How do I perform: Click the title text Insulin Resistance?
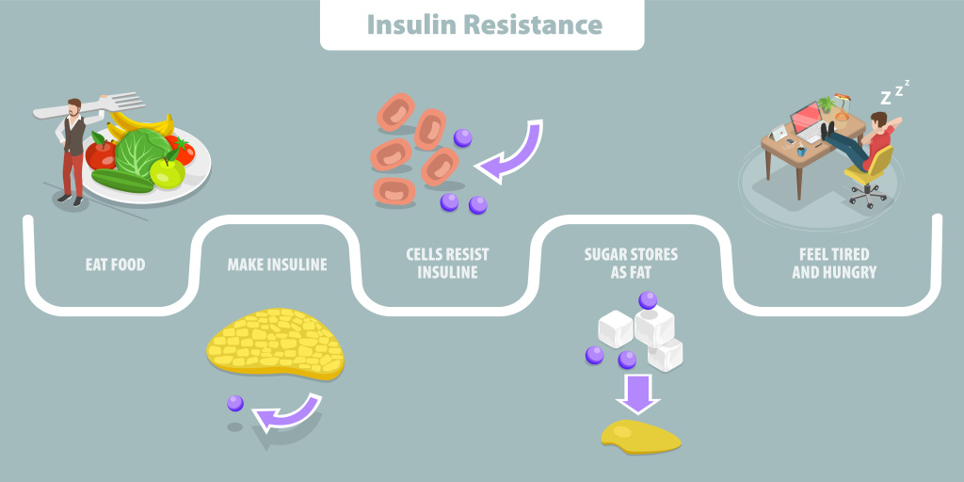tap(483, 24)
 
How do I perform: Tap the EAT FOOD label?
tap(115, 265)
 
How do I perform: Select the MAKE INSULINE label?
tap(277, 265)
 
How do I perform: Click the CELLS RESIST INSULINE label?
tap(447, 264)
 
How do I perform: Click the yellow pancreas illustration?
tap(275, 344)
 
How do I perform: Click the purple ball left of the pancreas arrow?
tap(235, 403)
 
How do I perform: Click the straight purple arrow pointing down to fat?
tap(638, 394)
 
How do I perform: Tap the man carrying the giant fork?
tap(73, 151)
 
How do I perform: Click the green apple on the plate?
tap(168, 172)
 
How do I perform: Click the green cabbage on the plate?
tap(141, 153)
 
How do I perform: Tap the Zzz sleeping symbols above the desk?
tap(895, 93)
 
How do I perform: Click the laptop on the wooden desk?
tap(806, 121)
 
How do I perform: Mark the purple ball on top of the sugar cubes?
tap(648, 300)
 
